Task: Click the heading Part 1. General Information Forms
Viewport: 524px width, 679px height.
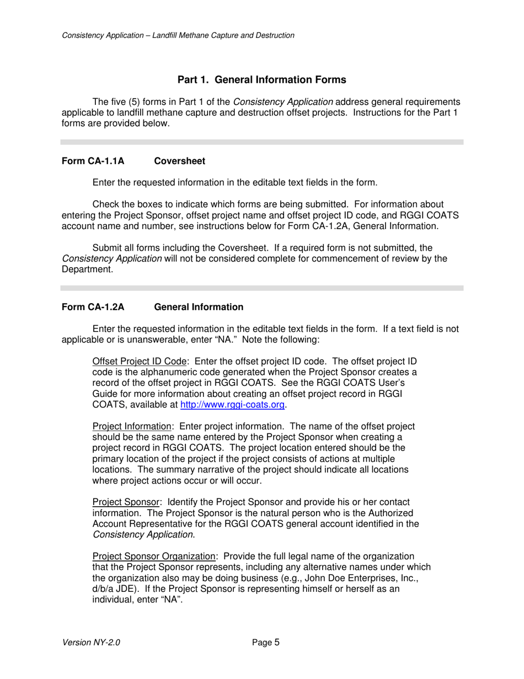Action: point(261,80)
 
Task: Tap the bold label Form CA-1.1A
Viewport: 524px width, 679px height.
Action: point(93,161)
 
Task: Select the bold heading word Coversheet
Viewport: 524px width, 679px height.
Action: point(179,161)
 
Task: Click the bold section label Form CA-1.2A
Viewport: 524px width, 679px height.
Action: point(93,307)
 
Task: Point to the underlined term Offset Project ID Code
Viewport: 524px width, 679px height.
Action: point(140,362)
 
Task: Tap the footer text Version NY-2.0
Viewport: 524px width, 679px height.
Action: point(91,643)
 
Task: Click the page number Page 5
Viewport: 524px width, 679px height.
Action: point(266,643)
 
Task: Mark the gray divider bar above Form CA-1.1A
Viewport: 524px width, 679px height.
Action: point(261,142)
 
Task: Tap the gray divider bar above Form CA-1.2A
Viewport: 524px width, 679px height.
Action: point(261,288)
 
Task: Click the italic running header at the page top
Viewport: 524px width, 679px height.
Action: point(178,35)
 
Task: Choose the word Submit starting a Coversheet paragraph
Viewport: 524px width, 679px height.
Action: point(106,248)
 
